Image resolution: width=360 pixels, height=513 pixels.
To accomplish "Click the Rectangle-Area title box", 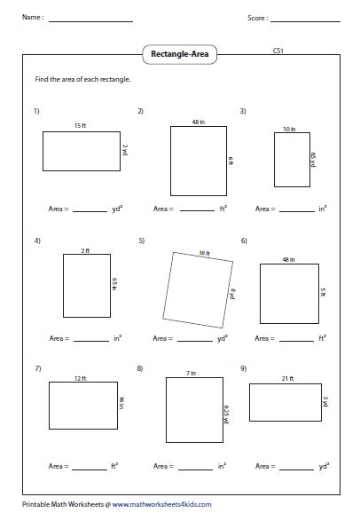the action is (x=180, y=53).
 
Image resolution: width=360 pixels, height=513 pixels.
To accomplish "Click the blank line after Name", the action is (x=90, y=20).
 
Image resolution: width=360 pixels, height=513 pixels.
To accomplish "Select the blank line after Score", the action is (x=307, y=20).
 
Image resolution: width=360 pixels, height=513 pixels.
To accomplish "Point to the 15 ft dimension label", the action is (x=80, y=126).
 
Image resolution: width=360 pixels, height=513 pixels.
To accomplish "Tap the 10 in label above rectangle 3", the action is (x=289, y=130).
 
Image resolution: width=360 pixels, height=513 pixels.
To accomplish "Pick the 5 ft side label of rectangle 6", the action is (x=324, y=290).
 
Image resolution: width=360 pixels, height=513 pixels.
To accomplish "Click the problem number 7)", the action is (x=37, y=367).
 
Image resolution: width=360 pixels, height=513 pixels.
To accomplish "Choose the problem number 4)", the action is (x=37, y=241).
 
